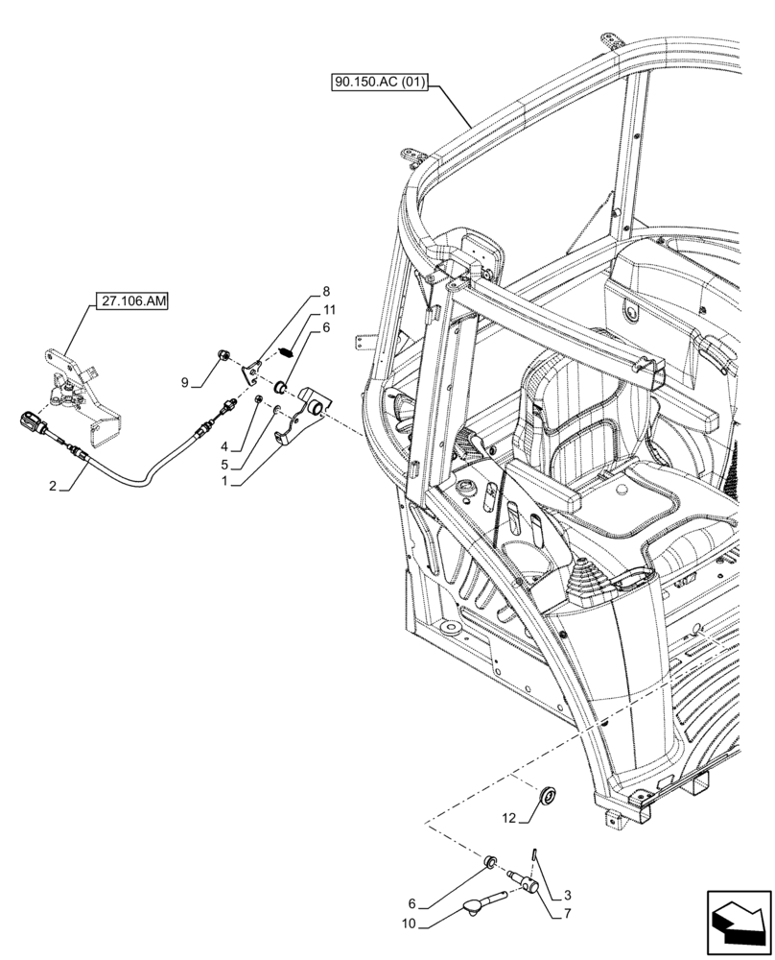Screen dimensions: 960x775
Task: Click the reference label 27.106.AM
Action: [x=132, y=301]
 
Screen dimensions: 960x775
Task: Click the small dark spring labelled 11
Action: [x=285, y=351]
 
